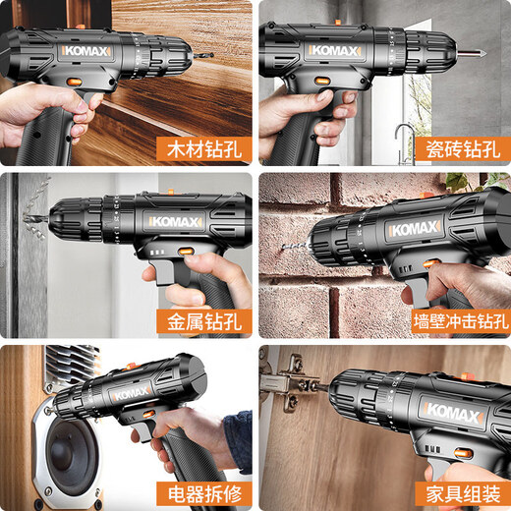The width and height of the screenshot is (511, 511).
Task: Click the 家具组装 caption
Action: pyautogui.click(x=461, y=490)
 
